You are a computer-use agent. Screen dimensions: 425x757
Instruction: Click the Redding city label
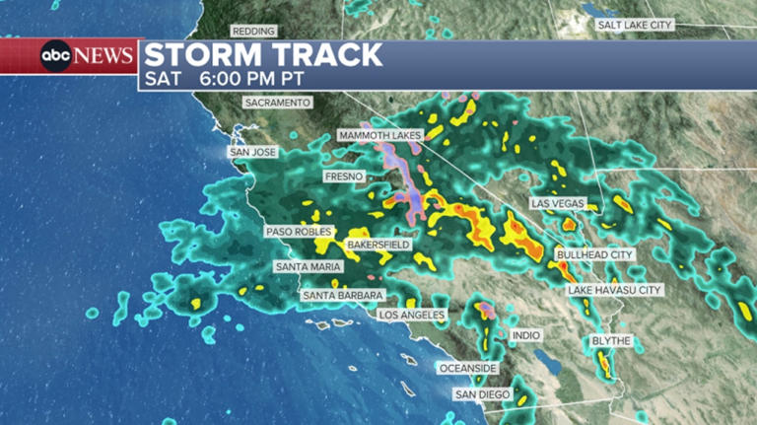coord(253,32)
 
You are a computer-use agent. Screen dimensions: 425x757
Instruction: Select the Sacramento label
coord(278,103)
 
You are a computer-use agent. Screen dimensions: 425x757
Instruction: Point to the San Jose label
coord(253,153)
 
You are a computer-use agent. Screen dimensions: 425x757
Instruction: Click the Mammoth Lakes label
coord(379,135)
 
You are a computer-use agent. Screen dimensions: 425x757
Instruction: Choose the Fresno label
coord(344,177)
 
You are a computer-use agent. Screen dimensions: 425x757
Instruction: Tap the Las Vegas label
coord(558,203)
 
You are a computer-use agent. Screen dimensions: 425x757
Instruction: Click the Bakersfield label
coord(378,244)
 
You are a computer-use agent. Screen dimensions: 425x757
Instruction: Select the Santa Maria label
coord(309,267)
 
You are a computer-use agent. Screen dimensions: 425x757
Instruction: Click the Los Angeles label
coord(413,316)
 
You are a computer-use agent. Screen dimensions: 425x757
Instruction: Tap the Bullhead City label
coord(594,254)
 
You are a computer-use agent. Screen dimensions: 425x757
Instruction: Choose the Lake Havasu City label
coord(614,290)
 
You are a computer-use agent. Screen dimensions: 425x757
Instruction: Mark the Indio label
coord(525,335)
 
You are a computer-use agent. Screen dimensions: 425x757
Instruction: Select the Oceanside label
coord(468,368)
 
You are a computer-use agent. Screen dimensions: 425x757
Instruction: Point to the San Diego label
coord(481,394)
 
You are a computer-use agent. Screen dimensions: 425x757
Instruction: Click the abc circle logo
coord(56,56)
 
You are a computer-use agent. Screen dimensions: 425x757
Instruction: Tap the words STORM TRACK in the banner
coord(263,55)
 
